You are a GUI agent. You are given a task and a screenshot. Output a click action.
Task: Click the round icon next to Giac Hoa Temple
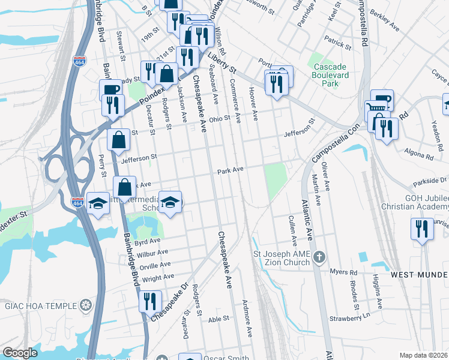click(x=86, y=305)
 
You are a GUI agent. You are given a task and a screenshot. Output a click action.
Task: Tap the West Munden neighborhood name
click(x=420, y=275)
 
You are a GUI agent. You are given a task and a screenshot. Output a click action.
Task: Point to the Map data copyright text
click(x=424, y=355)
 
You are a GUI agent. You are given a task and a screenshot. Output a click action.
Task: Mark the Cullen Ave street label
click(x=294, y=232)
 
